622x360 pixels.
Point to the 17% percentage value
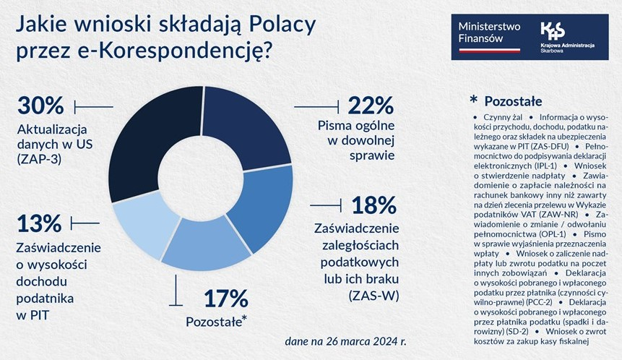click(224, 298)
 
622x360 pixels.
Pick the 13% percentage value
click(40, 223)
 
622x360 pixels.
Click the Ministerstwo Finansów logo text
click(489, 33)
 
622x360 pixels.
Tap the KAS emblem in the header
click(553, 31)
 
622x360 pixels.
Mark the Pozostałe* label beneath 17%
click(217, 320)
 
